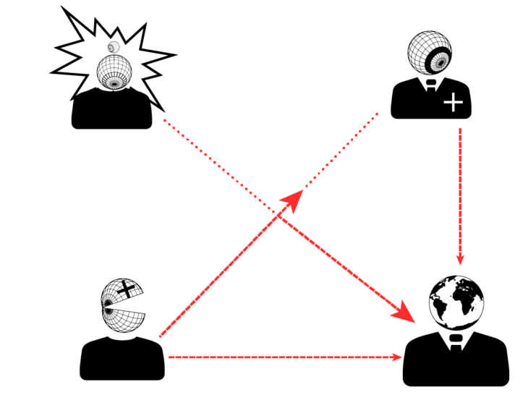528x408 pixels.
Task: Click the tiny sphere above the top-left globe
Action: [x=113, y=48]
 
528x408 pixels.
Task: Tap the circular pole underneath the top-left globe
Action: [x=114, y=82]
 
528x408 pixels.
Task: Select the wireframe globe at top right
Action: [x=430, y=52]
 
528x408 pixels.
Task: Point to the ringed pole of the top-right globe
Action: [x=438, y=62]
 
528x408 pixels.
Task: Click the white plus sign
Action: [x=453, y=102]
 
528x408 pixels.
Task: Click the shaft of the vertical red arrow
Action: [x=460, y=188]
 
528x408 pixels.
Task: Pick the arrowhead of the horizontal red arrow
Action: [x=397, y=357]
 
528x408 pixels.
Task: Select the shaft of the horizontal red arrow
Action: [x=282, y=357]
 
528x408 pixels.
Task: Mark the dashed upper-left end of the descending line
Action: [x=163, y=119]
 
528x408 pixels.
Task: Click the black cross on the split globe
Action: [x=128, y=289]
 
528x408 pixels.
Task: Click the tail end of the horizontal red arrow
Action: [x=169, y=357]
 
